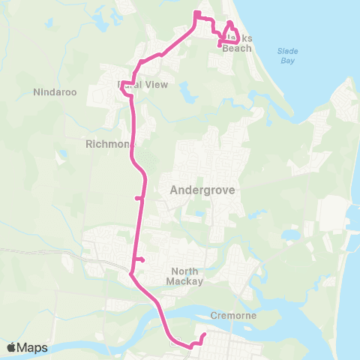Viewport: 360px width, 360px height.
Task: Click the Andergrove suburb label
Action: point(202,190)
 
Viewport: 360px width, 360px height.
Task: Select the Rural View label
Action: point(142,85)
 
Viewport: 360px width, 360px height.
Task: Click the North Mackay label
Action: point(187,276)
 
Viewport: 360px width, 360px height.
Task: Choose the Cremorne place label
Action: point(234,316)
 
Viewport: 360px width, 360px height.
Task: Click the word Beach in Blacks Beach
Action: point(238,48)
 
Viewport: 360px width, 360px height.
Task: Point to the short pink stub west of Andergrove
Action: point(137,199)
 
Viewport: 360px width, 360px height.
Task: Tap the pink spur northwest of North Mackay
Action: point(141,260)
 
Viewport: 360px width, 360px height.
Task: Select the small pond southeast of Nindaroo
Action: point(62,154)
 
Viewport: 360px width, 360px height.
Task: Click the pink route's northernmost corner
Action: point(196,13)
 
